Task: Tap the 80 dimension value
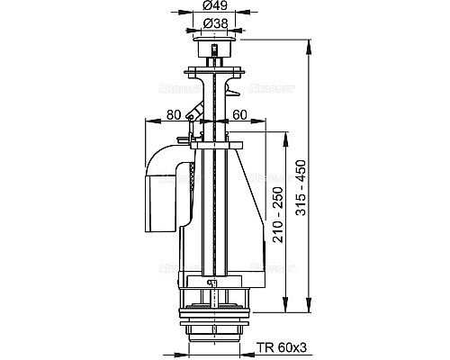coord(173,115)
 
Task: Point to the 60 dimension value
coord(240,115)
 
